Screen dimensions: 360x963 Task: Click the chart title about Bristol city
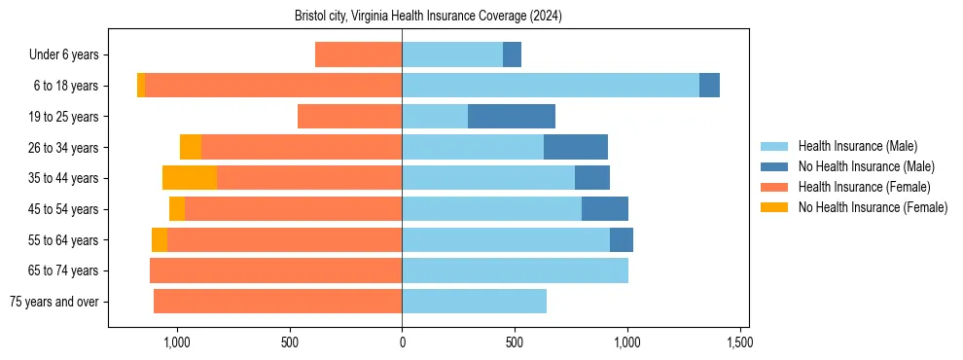click(x=428, y=16)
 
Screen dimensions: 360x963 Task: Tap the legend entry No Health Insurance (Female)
click(x=873, y=207)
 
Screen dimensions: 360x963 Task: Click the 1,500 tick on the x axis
click(x=738, y=342)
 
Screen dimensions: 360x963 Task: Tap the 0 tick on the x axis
click(x=402, y=342)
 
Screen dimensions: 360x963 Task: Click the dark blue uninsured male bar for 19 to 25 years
click(x=512, y=117)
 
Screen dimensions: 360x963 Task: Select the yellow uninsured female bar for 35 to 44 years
click(x=190, y=178)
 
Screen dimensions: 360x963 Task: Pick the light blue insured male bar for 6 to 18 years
click(x=551, y=86)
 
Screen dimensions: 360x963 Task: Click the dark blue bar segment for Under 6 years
click(x=512, y=54)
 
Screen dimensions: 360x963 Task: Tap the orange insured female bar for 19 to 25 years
click(x=350, y=117)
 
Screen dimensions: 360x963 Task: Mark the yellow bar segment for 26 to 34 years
click(x=191, y=147)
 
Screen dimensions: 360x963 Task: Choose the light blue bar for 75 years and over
click(x=474, y=302)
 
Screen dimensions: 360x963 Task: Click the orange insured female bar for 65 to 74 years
click(x=276, y=270)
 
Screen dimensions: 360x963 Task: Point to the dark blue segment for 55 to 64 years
click(x=622, y=239)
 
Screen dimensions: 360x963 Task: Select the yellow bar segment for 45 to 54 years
click(x=177, y=209)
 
